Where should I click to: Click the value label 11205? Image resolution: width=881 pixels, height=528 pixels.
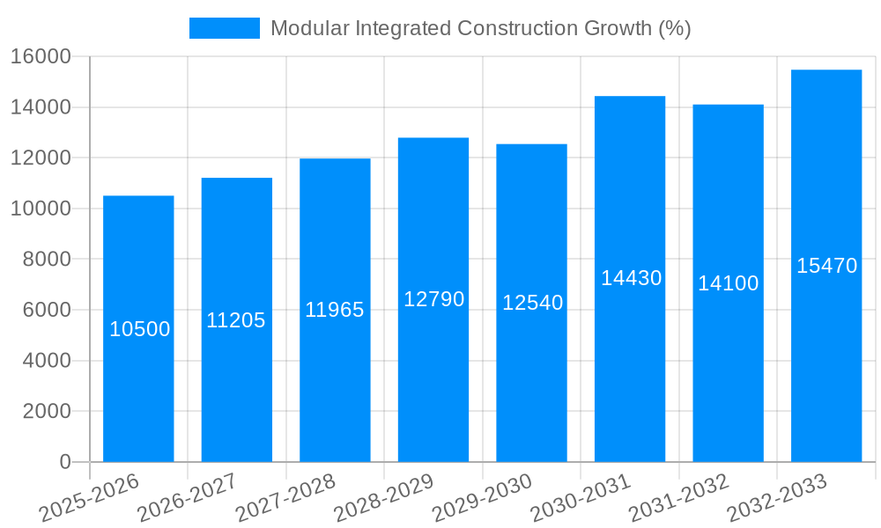click(x=236, y=320)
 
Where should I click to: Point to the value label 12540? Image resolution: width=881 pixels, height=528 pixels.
click(x=532, y=303)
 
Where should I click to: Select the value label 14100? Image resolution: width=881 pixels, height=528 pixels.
click(x=728, y=283)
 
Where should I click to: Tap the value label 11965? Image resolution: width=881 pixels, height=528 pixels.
click(x=335, y=310)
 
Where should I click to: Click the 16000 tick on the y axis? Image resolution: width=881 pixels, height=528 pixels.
click(x=40, y=57)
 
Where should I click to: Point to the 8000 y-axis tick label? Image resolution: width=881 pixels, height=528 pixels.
click(x=46, y=260)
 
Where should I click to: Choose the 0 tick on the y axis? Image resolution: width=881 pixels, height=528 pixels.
click(x=64, y=462)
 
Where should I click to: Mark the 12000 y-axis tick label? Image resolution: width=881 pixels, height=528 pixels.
click(x=40, y=158)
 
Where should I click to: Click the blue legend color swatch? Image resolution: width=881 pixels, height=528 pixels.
click(x=225, y=28)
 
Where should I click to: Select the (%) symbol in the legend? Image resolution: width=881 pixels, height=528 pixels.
click(x=674, y=28)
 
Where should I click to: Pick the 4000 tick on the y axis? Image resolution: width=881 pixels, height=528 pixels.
click(x=46, y=361)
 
